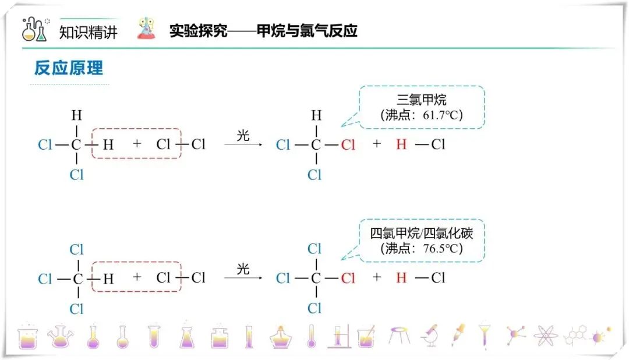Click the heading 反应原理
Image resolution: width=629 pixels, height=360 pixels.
pos(69,68)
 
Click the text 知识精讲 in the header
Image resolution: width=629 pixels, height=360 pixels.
pos(89,31)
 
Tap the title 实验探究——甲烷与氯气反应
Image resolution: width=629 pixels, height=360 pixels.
pos(263,30)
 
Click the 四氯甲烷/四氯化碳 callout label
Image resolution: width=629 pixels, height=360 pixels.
pos(422,234)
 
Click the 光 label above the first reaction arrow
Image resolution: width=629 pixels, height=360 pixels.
pos(243,136)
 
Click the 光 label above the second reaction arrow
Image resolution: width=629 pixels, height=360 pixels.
pos(243,269)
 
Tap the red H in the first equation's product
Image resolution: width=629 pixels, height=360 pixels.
pos(401,144)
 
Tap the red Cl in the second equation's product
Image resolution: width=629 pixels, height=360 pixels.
pos(348,278)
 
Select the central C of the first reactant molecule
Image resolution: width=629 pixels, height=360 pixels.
pos(76,144)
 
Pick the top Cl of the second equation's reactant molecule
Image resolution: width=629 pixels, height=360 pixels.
pos(77,250)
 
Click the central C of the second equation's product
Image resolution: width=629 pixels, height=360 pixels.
pos(315,278)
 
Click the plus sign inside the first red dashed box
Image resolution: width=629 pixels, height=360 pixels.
pos(137,143)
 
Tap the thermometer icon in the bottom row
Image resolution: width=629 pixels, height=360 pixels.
pos(312,336)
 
